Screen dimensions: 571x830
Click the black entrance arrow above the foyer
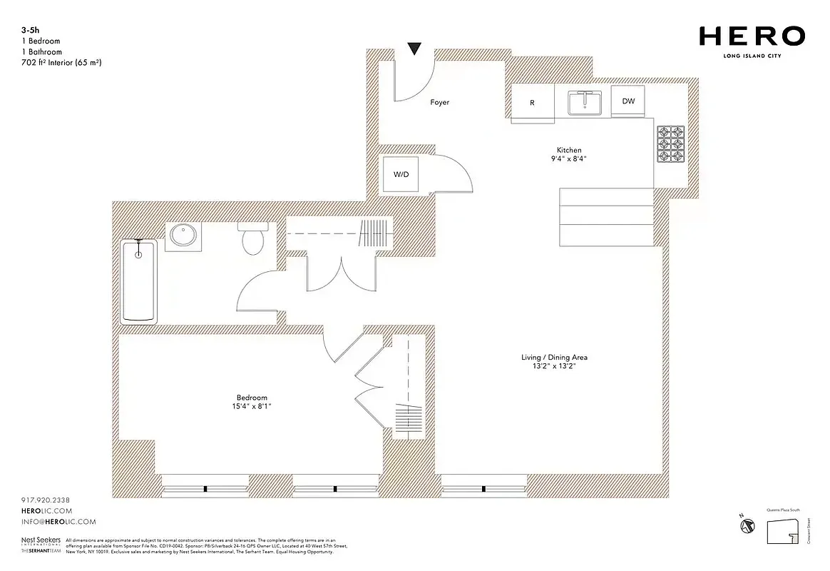click(414, 49)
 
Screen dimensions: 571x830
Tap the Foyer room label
click(440, 103)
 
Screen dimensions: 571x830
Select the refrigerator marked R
click(532, 103)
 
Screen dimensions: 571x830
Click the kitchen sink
click(587, 102)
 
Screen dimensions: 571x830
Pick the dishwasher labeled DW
click(628, 101)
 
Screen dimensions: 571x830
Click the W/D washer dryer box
click(401, 174)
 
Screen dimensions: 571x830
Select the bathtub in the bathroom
click(139, 281)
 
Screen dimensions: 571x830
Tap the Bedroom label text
click(252, 398)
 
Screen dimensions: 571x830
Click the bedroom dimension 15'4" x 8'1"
click(252, 407)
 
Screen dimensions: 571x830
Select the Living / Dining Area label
click(554, 357)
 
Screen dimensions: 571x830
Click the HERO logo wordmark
click(752, 36)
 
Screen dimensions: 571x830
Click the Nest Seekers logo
click(40, 542)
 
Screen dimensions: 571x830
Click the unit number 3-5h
click(30, 31)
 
